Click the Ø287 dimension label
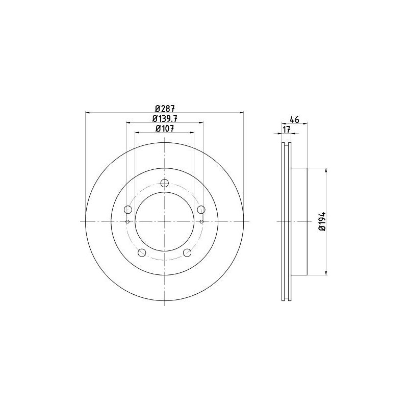click(x=164, y=108)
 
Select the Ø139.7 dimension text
click(x=164, y=118)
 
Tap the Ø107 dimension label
click(x=164, y=129)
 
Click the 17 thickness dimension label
click(x=286, y=130)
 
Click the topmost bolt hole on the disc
click(x=164, y=184)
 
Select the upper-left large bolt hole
click(x=128, y=209)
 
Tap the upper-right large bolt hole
click(x=201, y=209)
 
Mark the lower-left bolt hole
click(x=142, y=253)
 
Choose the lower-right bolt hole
click(x=187, y=253)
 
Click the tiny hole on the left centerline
click(x=127, y=221)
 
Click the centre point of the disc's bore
click(x=164, y=221)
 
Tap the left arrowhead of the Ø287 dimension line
click(x=87, y=113)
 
